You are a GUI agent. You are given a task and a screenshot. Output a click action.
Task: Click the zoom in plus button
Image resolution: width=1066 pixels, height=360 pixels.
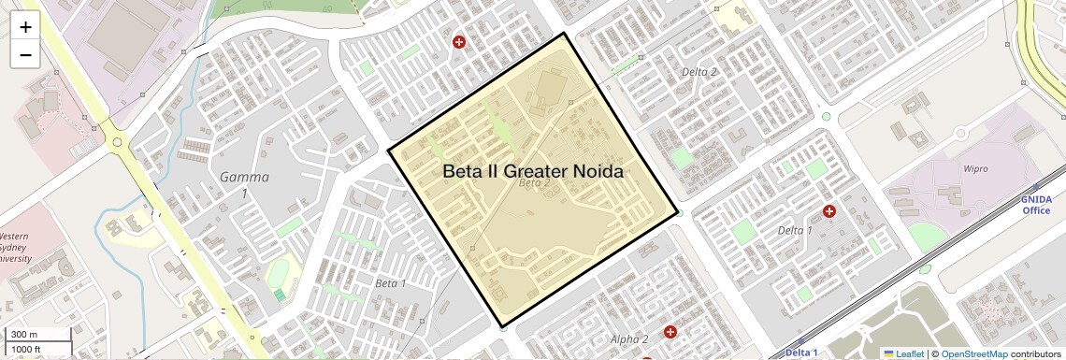coord(25,28)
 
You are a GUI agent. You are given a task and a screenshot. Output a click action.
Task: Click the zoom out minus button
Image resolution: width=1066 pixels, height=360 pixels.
coord(25,55)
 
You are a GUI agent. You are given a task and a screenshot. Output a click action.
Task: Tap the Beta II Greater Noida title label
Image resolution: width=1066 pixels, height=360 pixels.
coord(532,171)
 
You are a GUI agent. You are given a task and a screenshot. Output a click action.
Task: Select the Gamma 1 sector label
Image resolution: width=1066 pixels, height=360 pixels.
coord(244,184)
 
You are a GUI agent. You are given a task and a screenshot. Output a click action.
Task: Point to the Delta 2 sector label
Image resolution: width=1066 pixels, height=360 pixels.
coord(699,72)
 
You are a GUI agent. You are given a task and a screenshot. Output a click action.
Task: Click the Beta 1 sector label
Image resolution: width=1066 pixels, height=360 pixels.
coord(391,282)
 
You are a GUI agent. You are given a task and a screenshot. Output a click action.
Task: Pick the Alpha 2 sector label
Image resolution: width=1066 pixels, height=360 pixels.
coord(628,338)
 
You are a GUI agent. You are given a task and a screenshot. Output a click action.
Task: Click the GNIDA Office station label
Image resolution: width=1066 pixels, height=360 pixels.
coord(1036,205)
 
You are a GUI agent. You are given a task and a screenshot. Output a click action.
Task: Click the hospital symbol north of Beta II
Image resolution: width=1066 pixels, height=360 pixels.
coord(459,42)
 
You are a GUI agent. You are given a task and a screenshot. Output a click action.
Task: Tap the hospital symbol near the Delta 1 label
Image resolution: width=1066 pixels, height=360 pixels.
coord(828,212)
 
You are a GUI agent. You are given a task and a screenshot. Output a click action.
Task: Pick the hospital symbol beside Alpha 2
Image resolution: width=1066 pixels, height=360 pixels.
coord(670,332)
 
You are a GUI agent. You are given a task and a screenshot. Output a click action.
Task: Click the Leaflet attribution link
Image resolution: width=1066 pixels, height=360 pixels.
coord(902,353)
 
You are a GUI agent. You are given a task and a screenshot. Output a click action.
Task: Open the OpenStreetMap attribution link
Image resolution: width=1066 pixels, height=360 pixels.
coord(974,353)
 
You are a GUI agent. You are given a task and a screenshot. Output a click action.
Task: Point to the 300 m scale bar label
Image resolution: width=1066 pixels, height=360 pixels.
coord(24,335)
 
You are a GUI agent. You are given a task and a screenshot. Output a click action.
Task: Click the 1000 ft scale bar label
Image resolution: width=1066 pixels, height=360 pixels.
coord(26,349)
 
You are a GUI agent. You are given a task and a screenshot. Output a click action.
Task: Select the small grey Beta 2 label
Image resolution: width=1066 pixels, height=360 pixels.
coord(534,183)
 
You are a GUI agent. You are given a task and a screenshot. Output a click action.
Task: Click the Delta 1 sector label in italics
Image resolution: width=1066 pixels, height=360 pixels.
coord(796,230)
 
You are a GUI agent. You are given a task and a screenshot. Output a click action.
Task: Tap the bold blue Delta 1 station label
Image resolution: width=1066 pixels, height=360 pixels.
coord(801,353)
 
